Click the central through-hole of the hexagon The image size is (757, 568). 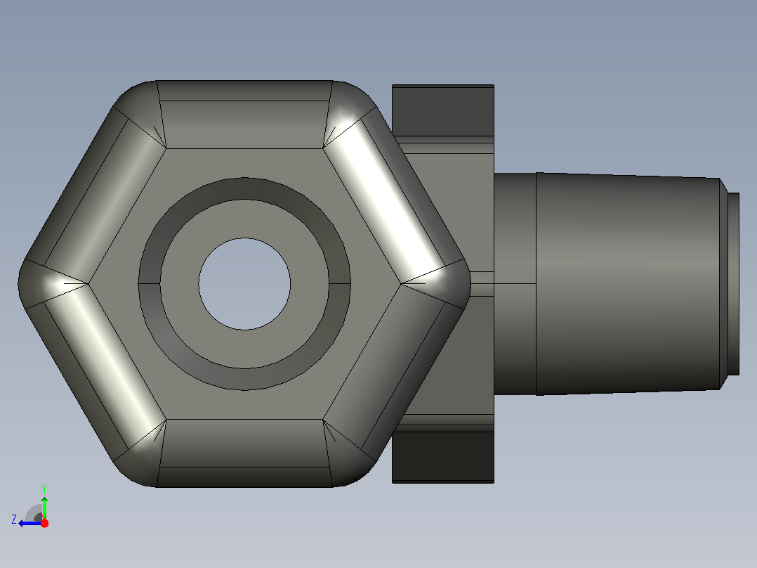(x=244, y=284)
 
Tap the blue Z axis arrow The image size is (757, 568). (x=30, y=523)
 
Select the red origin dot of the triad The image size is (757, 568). (x=44, y=523)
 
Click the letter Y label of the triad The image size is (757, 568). (x=44, y=489)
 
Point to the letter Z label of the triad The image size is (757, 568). (x=14, y=519)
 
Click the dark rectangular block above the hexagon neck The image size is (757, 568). (x=442, y=110)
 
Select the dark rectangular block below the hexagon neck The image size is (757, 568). (x=442, y=457)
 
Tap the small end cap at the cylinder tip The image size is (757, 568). (x=733, y=284)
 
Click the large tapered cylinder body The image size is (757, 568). (x=628, y=284)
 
